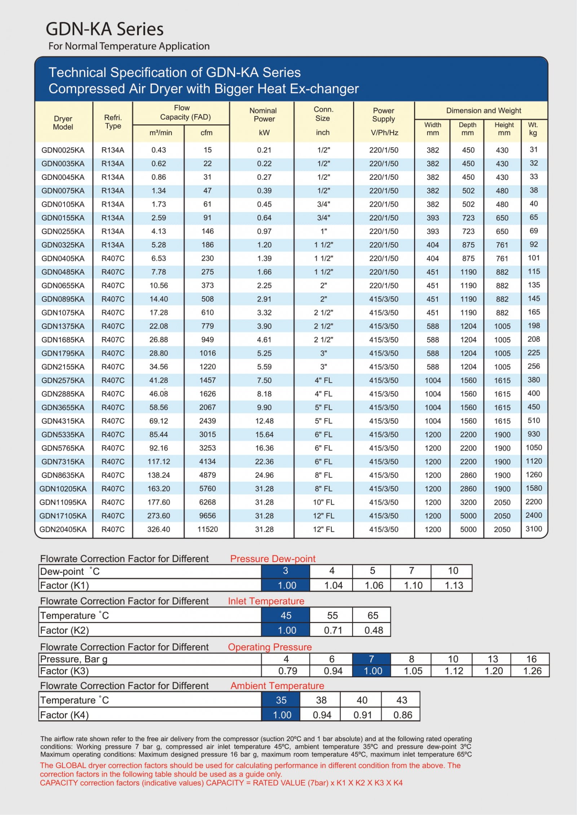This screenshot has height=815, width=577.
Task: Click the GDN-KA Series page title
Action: coord(104,29)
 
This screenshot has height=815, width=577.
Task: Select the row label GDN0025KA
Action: coord(63,150)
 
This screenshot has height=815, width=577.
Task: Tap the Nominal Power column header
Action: coord(264,115)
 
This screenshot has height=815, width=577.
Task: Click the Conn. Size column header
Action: coord(323,114)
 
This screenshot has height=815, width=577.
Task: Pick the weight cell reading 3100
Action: coord(533,529)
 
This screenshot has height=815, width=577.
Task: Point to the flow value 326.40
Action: coord(159,529)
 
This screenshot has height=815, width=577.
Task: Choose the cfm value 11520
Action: coord(207,529)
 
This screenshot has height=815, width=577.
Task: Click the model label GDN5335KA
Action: coord(63,435)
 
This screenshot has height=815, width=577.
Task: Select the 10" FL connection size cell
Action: coord(323,502)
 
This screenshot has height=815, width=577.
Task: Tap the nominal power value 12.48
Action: coord(264,421)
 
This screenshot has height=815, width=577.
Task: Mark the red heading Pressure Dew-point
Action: coord(273,558)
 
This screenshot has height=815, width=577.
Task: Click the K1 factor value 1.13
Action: coord(454,585)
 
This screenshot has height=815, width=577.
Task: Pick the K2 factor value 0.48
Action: coord(373,630)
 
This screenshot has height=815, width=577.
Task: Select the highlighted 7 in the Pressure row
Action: coord(371,659)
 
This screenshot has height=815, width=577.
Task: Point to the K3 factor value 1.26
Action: coord(532,671)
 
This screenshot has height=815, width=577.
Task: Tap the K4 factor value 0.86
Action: coord(402,715)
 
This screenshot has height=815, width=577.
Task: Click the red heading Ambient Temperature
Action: coord(277,686)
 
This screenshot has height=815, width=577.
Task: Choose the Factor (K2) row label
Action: coord(65,630)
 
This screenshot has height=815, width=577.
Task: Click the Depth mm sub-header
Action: coord(467,129)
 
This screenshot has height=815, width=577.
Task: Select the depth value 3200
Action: coord(468,502)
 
